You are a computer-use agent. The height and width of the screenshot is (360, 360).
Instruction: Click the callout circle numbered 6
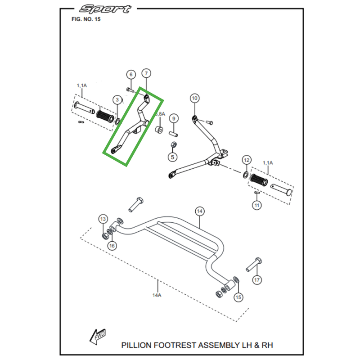pos(130,74)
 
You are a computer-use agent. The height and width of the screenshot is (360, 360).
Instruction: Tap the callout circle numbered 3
pos(117,99)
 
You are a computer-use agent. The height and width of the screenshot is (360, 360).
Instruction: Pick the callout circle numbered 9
pos(174,119)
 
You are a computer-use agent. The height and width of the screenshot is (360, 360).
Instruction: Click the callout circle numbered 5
pos(172,157)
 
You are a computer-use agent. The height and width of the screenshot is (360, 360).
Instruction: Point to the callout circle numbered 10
pos(194,98)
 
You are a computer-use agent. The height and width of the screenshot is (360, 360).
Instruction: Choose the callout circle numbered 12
pos(246,160)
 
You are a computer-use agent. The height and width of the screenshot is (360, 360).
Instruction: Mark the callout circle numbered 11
pos(256,206)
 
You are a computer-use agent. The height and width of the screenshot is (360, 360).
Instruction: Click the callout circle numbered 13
pos(103,219)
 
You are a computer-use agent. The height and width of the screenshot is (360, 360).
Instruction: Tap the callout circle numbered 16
pos(112,245)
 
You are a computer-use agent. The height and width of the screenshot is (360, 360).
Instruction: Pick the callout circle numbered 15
pos(238,297)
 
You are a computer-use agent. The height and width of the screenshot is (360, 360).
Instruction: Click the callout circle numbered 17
pos(256,280)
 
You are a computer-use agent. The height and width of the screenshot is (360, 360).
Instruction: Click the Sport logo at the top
pos(104,9)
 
